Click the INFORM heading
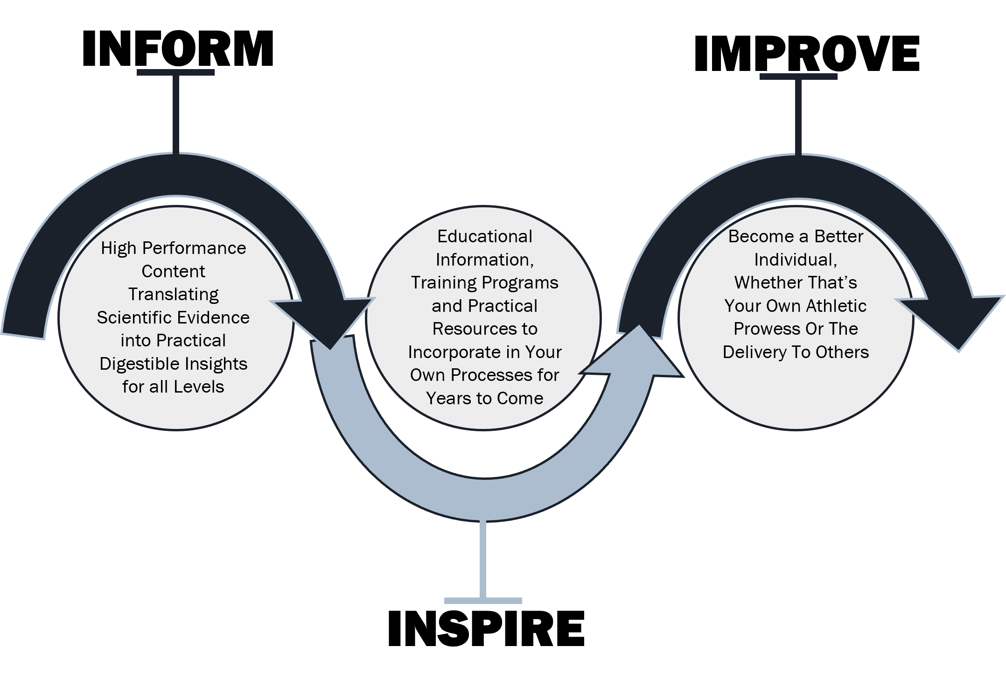[x=178, y=49]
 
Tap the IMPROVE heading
[x=807, y=54]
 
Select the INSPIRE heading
[x=486, y=628]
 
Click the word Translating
[x=173, y=295]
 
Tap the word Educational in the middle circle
[x=485, y=237]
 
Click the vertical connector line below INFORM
[x=176, y=114]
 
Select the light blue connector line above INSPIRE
[x=483, y=560]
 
